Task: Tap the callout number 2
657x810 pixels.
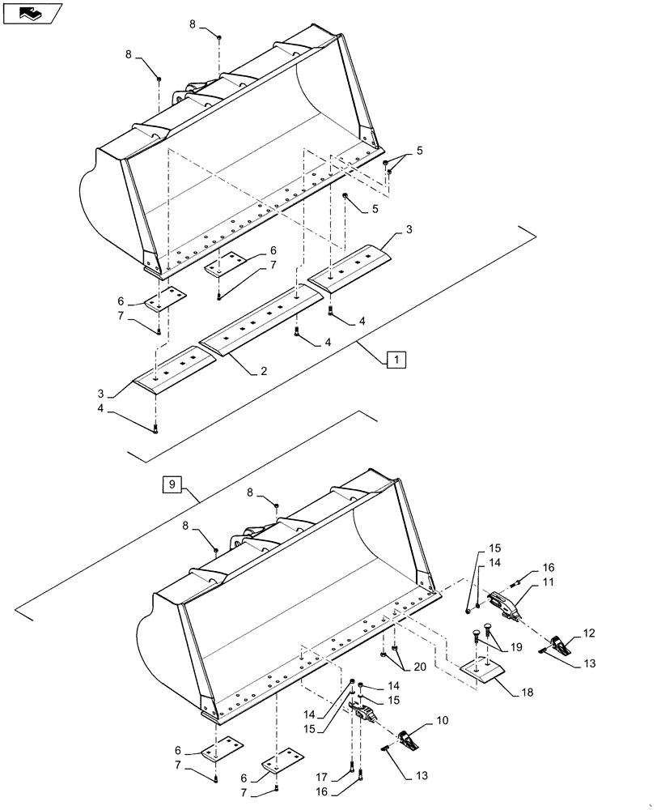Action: [x=263, y=371]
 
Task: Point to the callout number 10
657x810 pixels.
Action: [x=442, y=719]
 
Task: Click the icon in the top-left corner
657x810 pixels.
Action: [x=32, y=13]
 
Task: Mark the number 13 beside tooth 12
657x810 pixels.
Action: [x=589, y=664]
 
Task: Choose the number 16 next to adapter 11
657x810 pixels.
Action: [x=549, y=568]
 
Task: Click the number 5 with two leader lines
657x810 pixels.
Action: [x=419, y=151]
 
